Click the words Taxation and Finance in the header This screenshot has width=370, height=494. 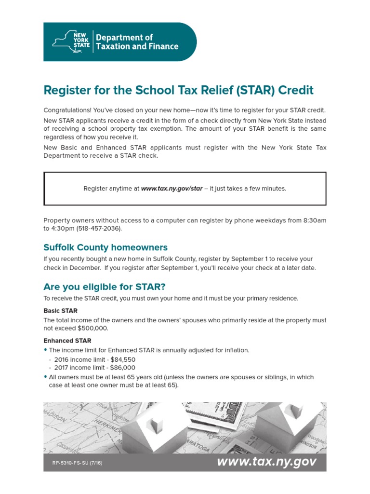(x=137, y=47)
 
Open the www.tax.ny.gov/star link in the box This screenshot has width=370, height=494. (x=172, y=189)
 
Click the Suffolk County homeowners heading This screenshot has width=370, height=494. (x=106, y=247)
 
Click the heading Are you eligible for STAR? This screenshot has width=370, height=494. (x=105, y=287)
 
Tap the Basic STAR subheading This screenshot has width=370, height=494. (x=60, y=311)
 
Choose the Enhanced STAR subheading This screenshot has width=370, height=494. (x=67, y=341)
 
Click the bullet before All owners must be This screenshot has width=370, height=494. (x=45, y=377)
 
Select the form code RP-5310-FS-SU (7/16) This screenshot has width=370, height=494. (x=77, y=463)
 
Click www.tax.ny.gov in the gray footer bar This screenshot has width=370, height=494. (x=266, y=462)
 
